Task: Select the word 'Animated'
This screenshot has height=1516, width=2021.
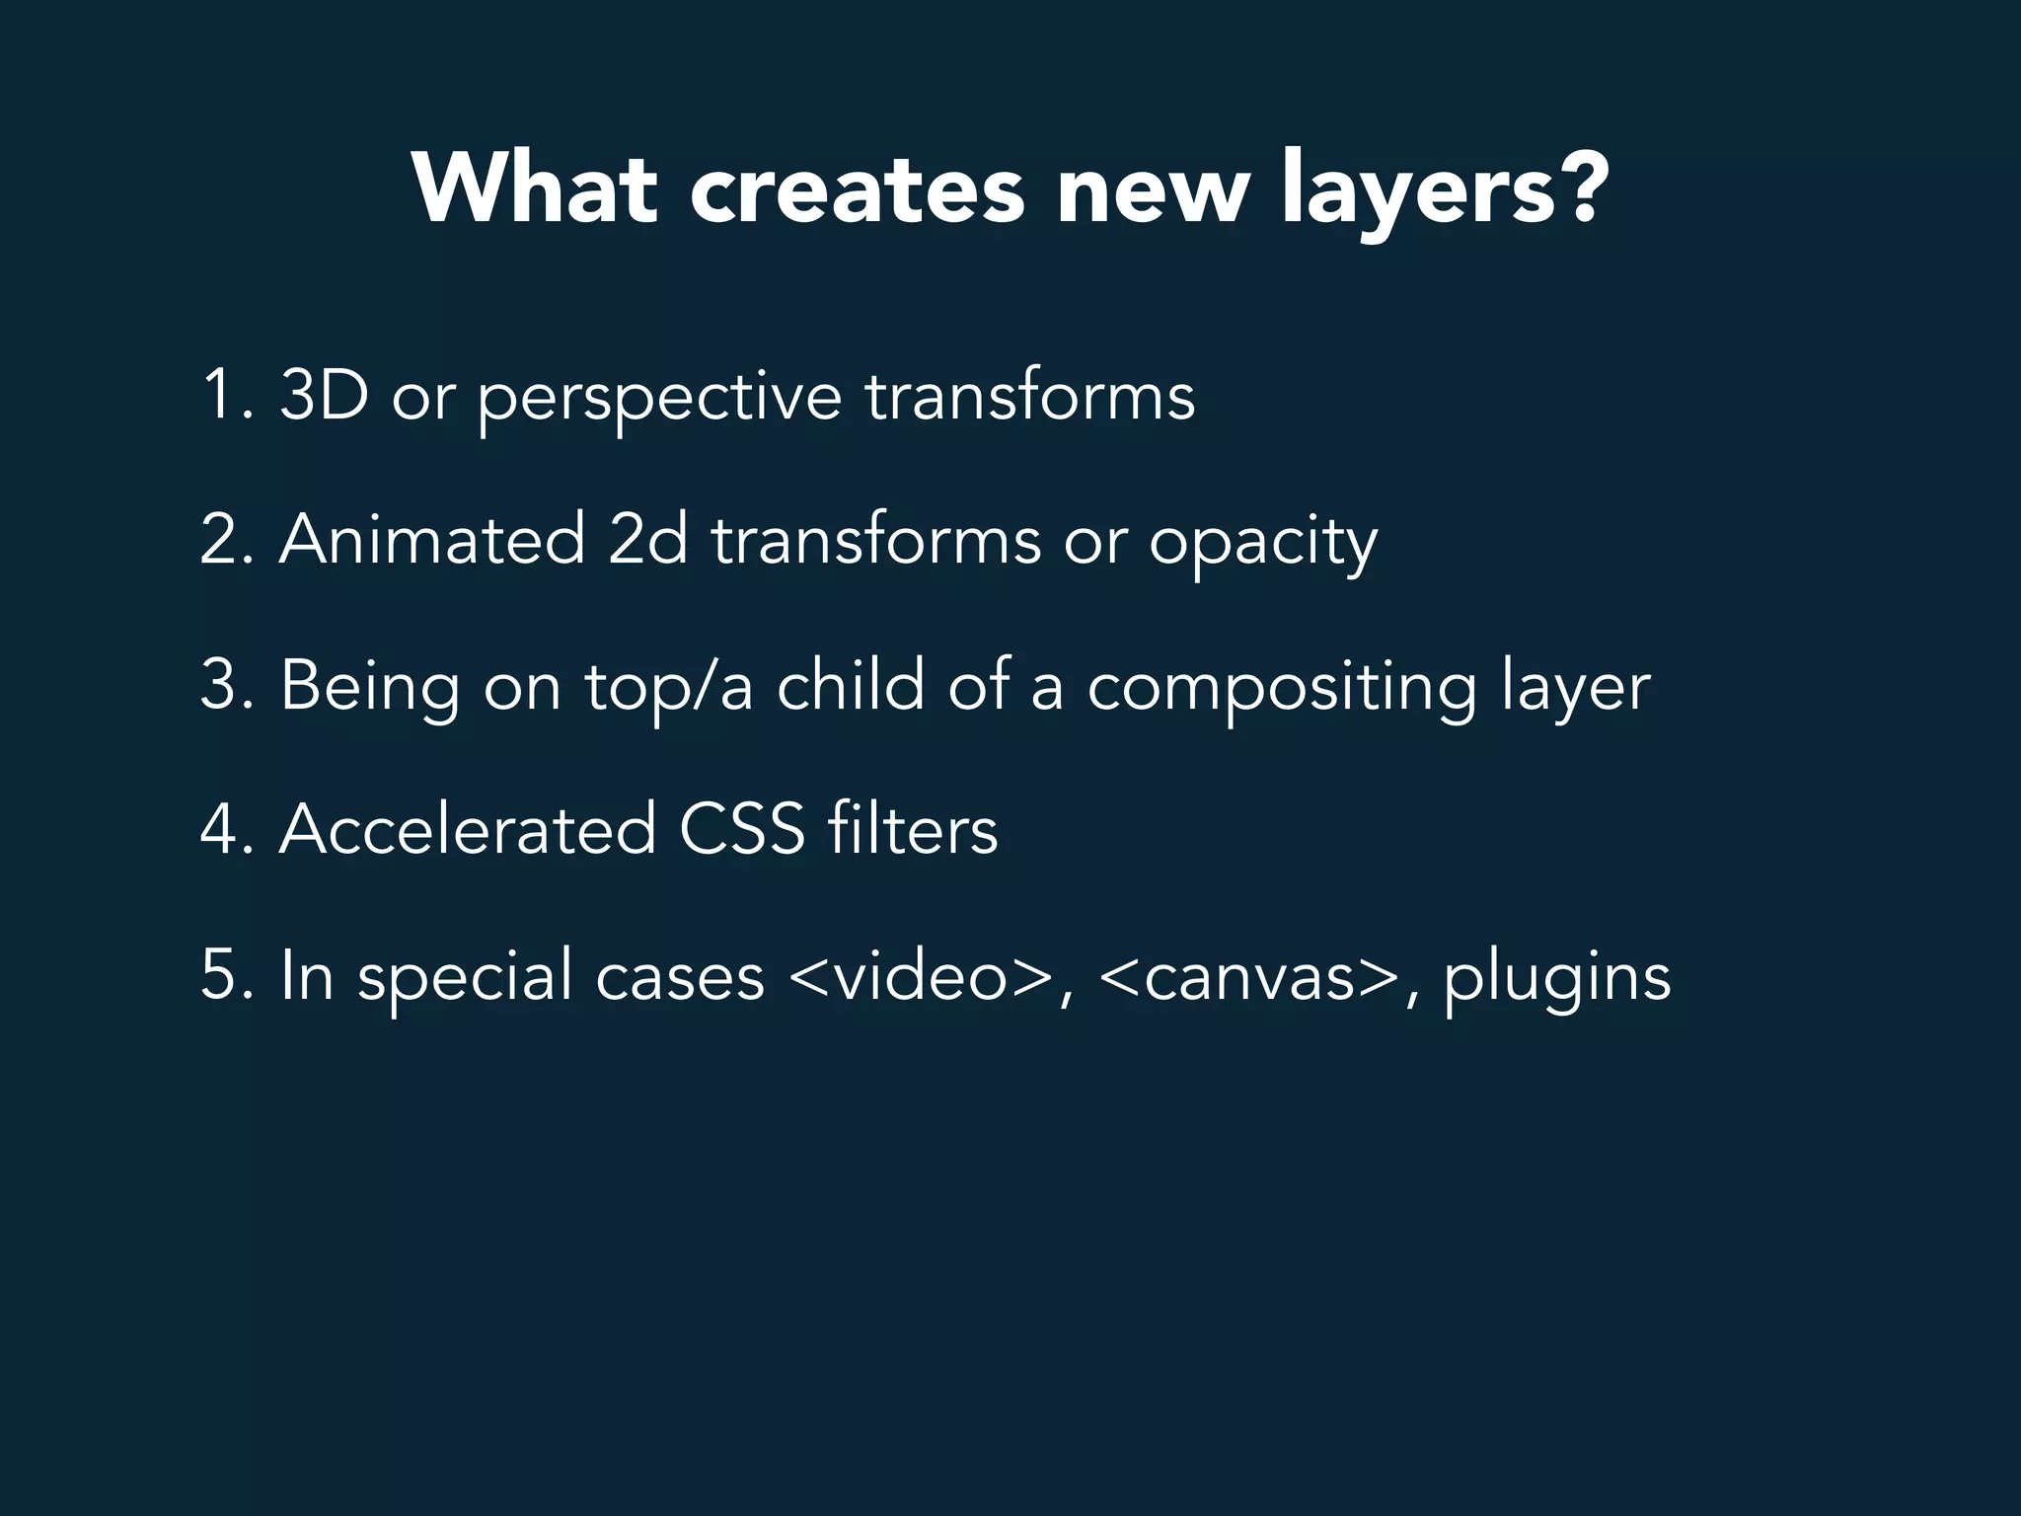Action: [431, 540]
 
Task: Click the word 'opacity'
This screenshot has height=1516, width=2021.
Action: [1262, 545]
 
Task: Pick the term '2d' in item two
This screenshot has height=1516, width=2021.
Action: [647, 540]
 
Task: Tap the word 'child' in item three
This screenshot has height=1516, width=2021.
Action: [851, 685]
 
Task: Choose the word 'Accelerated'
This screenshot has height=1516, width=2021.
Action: [467, 830]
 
